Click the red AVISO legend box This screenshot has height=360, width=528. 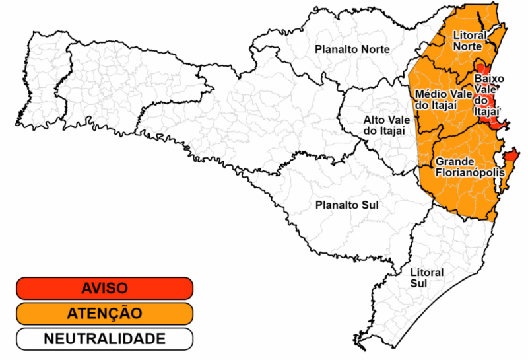[x=104, y=288]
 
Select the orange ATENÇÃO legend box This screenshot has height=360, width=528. [x=104, y=313]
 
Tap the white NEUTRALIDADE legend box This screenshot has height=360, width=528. [x=104, y=339]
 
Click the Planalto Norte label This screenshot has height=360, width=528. [x=352, y=49]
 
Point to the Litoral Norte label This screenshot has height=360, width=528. [x=470, y=40]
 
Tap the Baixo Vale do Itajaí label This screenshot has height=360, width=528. [x=488, y=95]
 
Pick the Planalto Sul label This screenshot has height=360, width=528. [x=346, y=205]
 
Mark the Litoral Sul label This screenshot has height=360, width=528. [x=427, y=277]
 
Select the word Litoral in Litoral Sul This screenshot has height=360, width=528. [x=427, y=272]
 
